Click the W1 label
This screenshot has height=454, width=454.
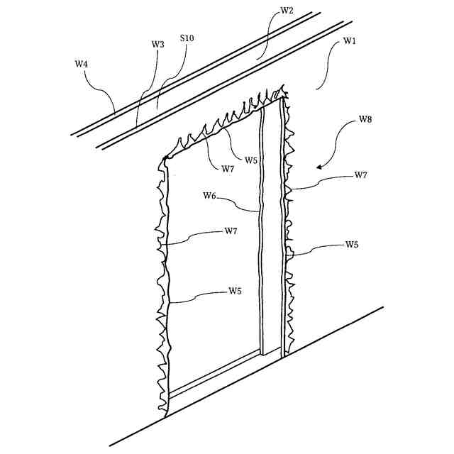point(350,41)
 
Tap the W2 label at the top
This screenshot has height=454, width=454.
point(287,11)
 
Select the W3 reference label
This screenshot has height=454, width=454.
point(157,44)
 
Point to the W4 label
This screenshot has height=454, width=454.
point(82,64)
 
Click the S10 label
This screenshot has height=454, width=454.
point(187,37)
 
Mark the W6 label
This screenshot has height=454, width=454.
point(210,196)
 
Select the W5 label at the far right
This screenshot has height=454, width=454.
point(352,245)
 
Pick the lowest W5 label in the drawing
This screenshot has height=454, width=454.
point(236,291)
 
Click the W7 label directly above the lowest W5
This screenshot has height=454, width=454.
point(231,231)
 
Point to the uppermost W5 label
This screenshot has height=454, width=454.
point(251,160)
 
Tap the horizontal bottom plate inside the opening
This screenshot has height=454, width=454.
point(213,372)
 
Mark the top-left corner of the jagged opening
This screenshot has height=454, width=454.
point(165,157)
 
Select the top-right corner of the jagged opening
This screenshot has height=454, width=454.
point(284,92)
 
